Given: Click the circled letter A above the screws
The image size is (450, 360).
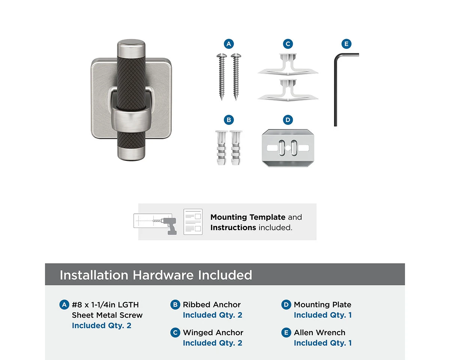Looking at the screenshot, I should tap(229, 44).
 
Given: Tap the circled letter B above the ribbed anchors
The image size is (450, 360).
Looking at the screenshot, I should tap(229, 120).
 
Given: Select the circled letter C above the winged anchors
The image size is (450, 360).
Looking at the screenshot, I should tap(288, 44).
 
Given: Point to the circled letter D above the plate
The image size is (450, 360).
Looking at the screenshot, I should tap(288, 120).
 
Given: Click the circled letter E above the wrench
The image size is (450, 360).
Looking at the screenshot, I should tap(346, 44).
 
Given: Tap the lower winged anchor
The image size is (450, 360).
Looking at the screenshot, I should tap(288, 90).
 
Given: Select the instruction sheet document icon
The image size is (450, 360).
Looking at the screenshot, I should tap(193, 222).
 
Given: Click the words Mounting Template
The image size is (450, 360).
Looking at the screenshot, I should tap(248, 217).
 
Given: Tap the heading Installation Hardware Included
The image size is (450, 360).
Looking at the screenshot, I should tap(156, 275).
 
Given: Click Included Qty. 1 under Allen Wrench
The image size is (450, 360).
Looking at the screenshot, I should tap(322, 343).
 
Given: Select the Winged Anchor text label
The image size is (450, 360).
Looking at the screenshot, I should tap(213, 333).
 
